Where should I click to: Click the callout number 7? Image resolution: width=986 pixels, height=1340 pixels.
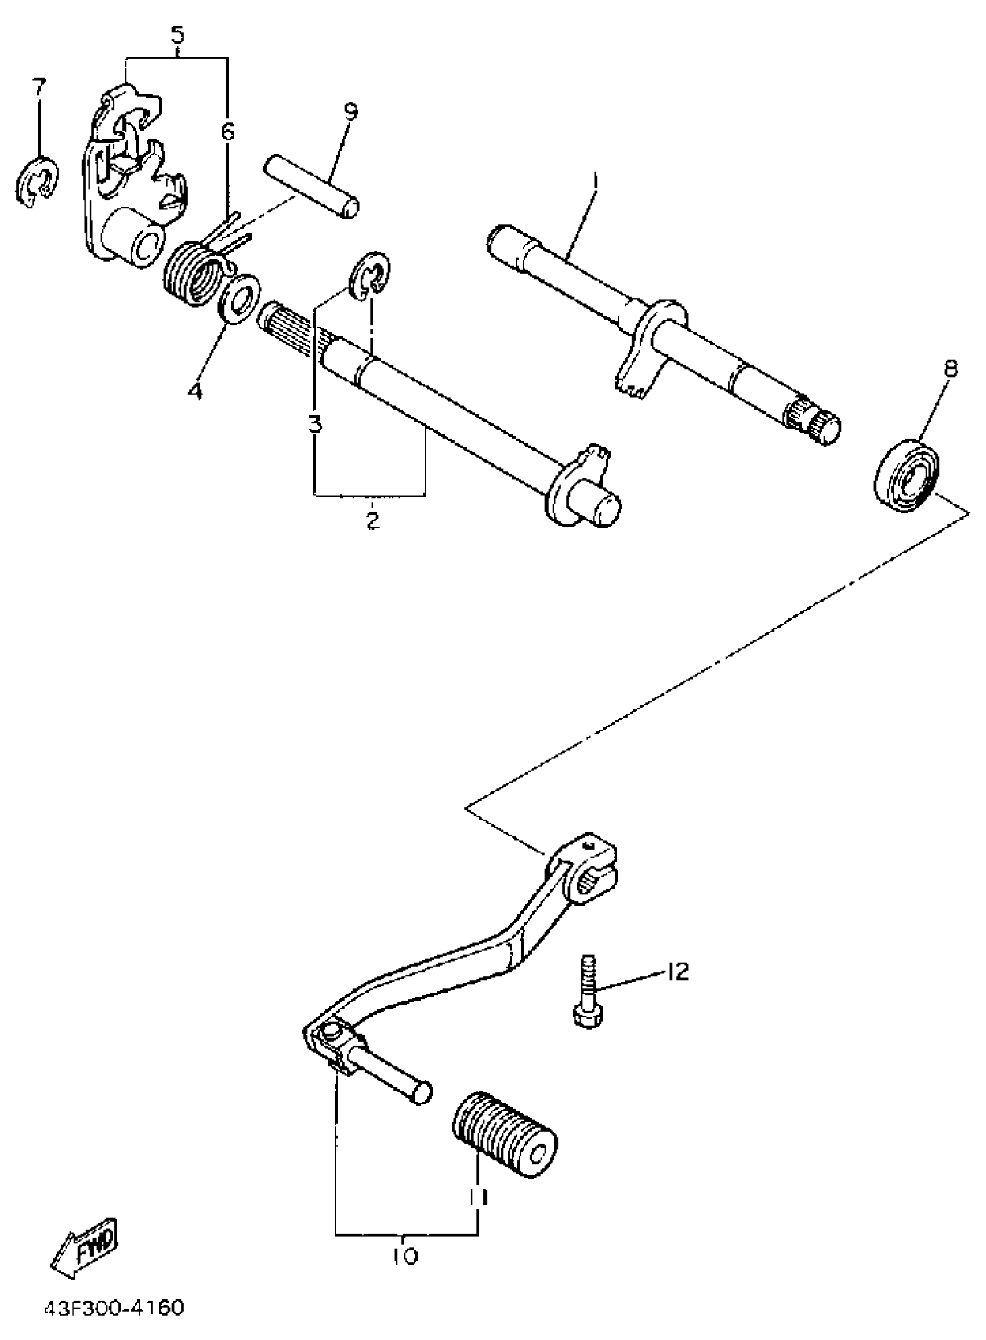coord(39,88)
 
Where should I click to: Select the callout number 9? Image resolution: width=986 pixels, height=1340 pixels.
coord(350,111)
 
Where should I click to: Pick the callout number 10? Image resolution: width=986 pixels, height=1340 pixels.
coord(405,1256)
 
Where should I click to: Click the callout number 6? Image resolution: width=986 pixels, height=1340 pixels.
coord(228,131)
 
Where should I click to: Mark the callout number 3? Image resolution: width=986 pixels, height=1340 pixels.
coord(315,425)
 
